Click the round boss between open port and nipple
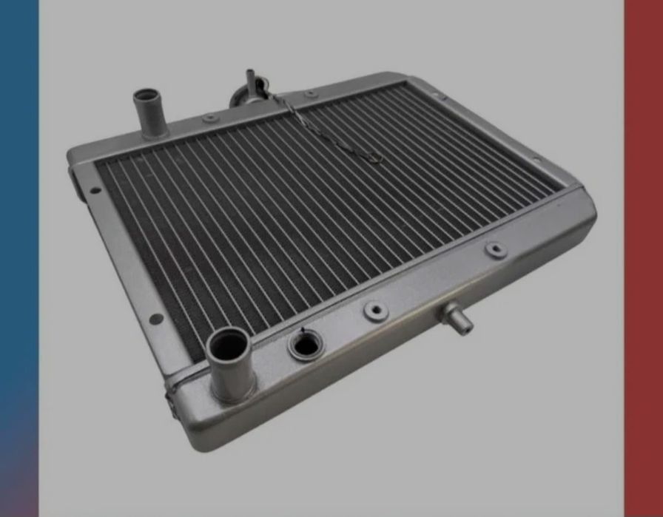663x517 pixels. coord(376,311)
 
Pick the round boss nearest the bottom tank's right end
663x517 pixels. coord(496,249)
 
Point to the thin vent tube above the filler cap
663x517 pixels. coord(250,78)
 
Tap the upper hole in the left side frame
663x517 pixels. coord(95,190)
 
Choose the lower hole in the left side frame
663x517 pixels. coord(157,318)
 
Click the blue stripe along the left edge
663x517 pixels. coord(18,222)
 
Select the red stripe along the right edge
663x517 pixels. coord(643,222)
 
